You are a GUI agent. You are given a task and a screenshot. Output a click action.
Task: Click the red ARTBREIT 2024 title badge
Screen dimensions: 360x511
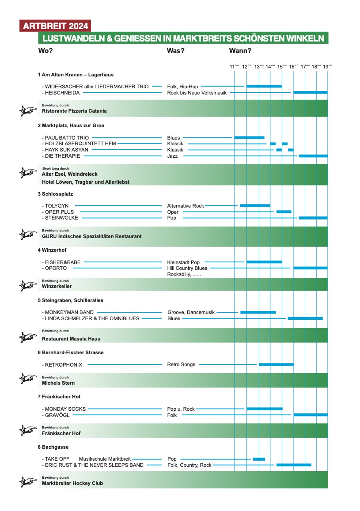(55, 26)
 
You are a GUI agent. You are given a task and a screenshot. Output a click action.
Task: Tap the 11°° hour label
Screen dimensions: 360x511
(234, 67)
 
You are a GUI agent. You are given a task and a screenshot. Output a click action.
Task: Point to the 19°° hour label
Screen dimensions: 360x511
(327, 67)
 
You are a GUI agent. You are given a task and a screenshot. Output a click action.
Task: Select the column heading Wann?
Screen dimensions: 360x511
(240, 50)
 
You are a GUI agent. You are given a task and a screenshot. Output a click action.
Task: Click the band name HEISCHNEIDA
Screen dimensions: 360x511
(62, 93)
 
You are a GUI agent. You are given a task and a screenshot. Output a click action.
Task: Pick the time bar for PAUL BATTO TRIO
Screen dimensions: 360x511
(249, 137)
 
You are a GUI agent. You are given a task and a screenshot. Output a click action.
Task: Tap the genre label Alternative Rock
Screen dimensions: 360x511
(186, 206)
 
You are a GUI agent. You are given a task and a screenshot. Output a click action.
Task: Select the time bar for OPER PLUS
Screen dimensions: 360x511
(284, 212)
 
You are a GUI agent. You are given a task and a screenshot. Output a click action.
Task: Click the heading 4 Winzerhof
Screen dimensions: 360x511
(52, 250)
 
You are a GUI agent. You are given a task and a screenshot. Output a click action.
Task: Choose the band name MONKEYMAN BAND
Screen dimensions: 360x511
(69, 312)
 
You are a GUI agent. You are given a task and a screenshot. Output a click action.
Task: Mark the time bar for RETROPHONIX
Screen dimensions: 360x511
(276, 364)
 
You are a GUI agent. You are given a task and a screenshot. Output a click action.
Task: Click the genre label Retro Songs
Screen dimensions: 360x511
(181, 364)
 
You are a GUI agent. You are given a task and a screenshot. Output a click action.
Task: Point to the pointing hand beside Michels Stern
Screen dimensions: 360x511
(28, 379)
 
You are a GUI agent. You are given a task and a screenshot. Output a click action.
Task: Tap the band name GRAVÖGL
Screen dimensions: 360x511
(57, 415)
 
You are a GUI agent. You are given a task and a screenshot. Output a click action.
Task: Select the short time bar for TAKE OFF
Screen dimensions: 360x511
(259, 459)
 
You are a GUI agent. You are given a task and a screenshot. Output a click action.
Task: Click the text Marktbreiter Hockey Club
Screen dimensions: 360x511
(72, 483)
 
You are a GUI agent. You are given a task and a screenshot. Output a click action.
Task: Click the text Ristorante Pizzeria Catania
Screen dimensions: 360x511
(74, 111)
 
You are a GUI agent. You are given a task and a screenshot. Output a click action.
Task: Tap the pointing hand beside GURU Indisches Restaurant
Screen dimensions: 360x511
(28, 235)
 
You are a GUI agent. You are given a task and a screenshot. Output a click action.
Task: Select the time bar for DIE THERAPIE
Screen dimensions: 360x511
(313, 156)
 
